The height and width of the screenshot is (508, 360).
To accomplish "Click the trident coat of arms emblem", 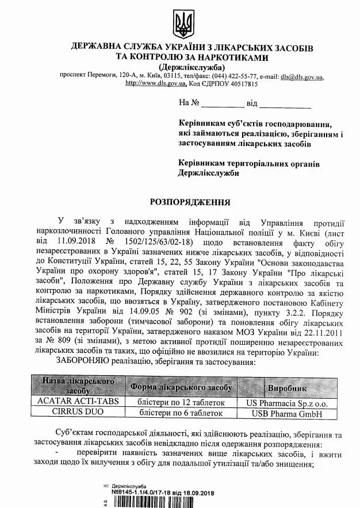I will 183,23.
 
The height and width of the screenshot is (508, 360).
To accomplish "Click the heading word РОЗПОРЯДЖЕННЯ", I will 190,202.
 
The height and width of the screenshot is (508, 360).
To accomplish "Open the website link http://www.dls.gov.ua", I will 155,83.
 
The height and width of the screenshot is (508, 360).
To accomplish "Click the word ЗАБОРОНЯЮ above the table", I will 84,362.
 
